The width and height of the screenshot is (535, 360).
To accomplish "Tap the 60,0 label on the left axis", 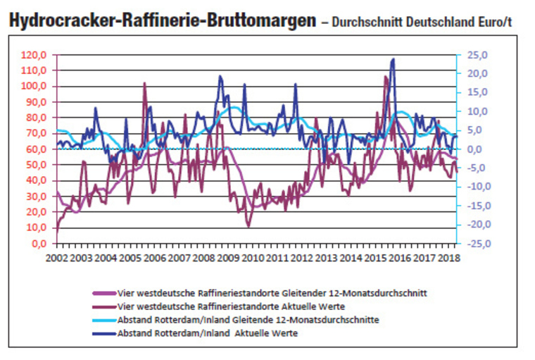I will [35, 149].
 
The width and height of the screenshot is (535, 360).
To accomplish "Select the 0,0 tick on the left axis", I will [38, 243].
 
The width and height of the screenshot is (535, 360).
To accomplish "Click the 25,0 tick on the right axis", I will [475, 55].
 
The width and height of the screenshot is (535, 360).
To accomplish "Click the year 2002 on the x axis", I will [56, 258].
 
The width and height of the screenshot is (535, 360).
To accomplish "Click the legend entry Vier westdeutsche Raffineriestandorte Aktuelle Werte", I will [223, 306].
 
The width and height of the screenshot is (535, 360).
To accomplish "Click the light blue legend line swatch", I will [103, 320].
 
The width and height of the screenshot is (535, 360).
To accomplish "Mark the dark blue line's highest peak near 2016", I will [392, 59].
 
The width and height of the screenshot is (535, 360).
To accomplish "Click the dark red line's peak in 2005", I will [144, 83].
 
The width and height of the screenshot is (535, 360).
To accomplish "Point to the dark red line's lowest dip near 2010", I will [248, 226].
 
